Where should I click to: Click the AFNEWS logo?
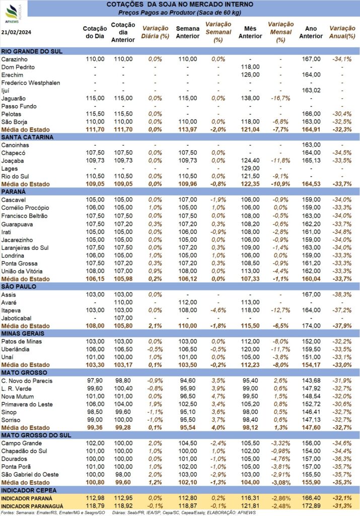(13, 13)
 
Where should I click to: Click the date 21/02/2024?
(17, 32)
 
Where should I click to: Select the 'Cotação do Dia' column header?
(95, 32)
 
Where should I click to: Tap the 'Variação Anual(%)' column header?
(342, 32)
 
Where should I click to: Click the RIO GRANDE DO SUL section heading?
(32, 51)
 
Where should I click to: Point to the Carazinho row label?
(15, 59)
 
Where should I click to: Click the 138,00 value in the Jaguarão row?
(250, 98)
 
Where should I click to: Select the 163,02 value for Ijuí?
(311, 90)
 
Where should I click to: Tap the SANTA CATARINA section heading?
(27, 137)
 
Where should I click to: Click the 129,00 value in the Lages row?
(250, 168)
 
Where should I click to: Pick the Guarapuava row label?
(17, 224)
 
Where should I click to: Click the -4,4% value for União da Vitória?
(280, 271)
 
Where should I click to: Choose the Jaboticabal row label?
(17, 318)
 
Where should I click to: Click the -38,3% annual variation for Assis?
(342, 294)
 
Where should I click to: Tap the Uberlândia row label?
(16, 350)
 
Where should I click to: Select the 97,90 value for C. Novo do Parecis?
(95, 381)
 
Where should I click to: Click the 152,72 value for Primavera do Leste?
(311, 404)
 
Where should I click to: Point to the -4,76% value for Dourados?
(281, 459)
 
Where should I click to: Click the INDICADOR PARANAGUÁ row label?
(32, 506)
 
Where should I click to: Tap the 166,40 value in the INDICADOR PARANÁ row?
(311, 498)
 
